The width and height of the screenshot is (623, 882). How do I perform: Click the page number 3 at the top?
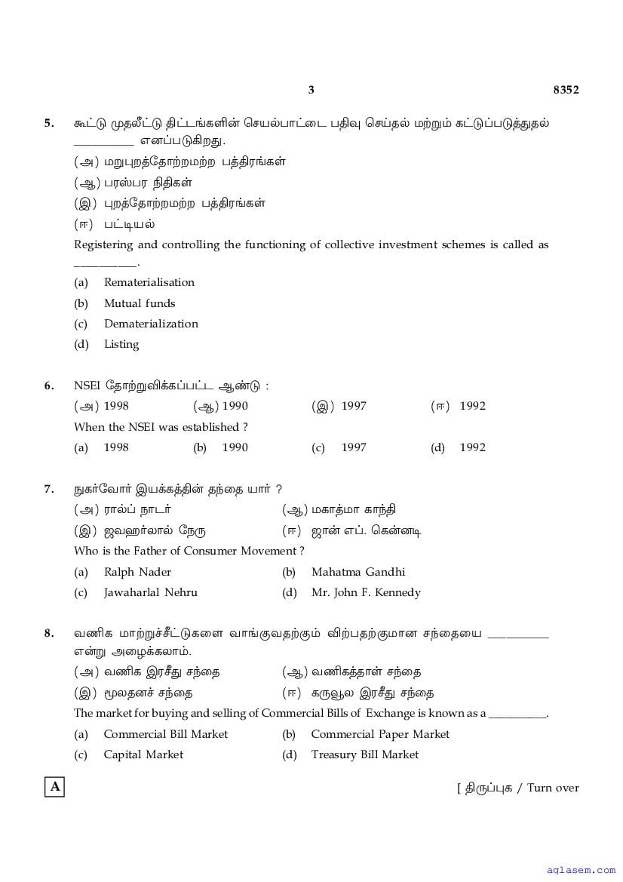tap(311, 90)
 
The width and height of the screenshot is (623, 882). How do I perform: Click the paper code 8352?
tap(566, 90)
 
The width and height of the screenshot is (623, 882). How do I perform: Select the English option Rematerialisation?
tap(149, 282)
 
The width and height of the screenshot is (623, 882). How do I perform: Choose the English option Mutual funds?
tap(139, 303)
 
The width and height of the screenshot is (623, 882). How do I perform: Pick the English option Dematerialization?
tap(151, 324)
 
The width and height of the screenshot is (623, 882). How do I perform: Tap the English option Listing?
tap(121, 344)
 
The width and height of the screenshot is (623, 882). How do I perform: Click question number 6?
tap(49, 386)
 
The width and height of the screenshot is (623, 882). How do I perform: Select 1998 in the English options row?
tap(115, 447)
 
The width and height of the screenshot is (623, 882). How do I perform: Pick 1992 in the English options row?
tap(472, 447)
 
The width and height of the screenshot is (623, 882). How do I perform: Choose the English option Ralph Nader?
tap(137, 572)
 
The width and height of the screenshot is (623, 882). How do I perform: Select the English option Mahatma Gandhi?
tap(358, 572)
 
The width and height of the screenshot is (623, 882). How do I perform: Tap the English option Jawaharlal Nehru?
tap(150, 592)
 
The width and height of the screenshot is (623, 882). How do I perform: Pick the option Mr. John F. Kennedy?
tap(366, 592)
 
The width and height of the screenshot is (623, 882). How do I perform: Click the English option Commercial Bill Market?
tap(165, 734)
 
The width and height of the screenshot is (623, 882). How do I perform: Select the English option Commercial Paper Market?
tap(379, 734)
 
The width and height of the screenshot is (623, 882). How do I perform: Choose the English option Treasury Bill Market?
tap(364, 754)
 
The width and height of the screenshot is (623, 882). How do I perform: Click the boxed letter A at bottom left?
tap(54, 787)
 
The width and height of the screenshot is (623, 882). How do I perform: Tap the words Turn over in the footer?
tap(553, 788)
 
